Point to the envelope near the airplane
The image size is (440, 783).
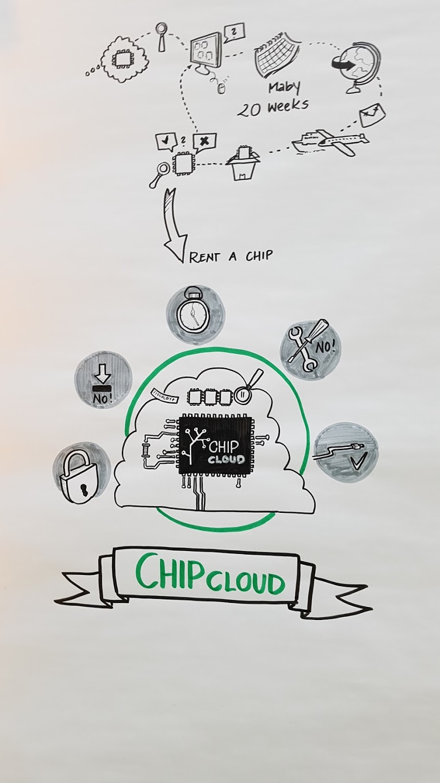pyautogui.click(x=372, y=115)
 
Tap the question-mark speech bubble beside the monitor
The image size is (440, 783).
pyautogui.click(x=234, y=32)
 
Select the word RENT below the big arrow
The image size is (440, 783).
pyautogui.click(x=204, y=257)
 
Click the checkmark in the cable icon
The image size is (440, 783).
pyautogui.click(x=357, y=462)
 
